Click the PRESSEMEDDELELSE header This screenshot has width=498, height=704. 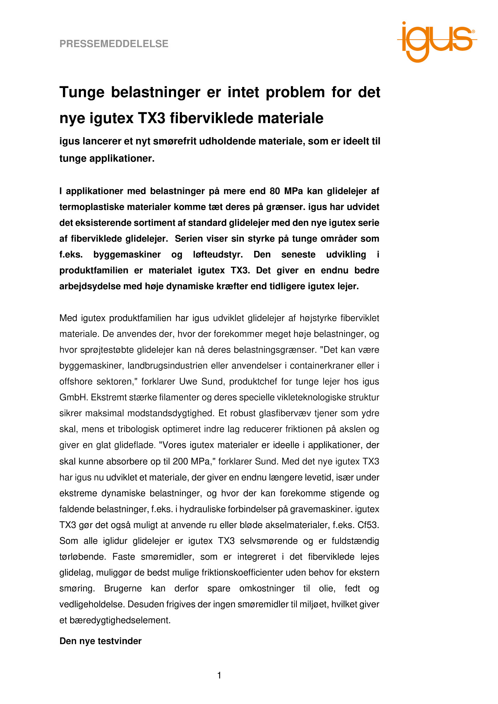pos(114,44)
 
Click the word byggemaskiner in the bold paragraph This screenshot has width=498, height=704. pos(127,254)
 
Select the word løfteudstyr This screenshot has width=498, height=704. pos(216,254)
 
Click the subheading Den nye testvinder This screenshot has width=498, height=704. pos(100,641)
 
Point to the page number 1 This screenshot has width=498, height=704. pos(219,676)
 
